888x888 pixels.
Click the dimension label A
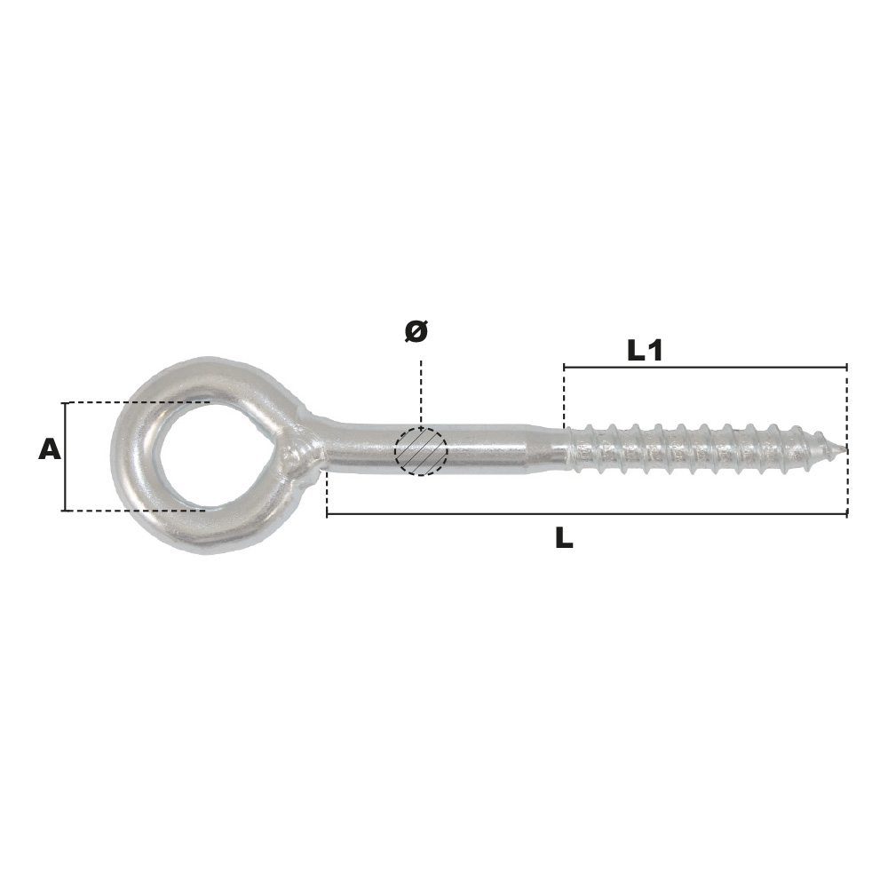tap(49, 451)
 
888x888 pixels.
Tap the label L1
tap(645, 351)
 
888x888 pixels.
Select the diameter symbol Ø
tap(416, 331)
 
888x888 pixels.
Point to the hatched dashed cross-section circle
tap(421, 451)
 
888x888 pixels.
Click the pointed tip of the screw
tap(845, 450)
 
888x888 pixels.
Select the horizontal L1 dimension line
tap(705, 367)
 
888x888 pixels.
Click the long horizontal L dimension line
tap(587, 515)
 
